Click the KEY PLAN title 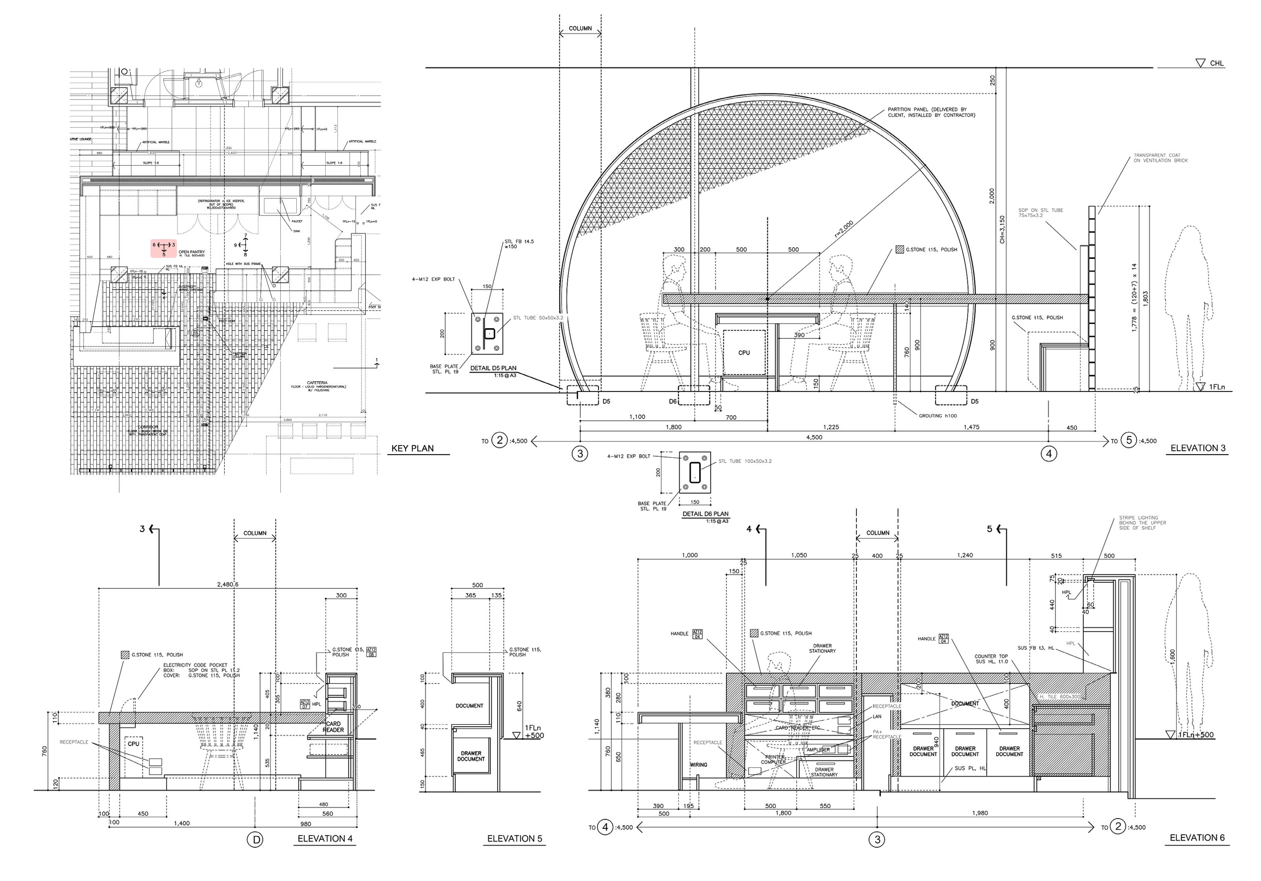click(x=412, y=448)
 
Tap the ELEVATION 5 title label click(x=515, y=838)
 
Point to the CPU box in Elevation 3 click(x=744, y=353)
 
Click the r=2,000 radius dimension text click(x=845, y=228)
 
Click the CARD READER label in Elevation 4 click(x=333, y=727)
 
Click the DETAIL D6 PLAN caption click(x=705, y=514)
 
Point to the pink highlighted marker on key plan click(x=164, y=248)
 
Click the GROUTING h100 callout click(x=938, y=416)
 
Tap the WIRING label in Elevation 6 click(x=699, y=764)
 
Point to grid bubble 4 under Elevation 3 click(x=1048, y=454)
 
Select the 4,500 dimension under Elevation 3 click(x=814, y=437)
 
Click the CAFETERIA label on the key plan click(x=318, y=382)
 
